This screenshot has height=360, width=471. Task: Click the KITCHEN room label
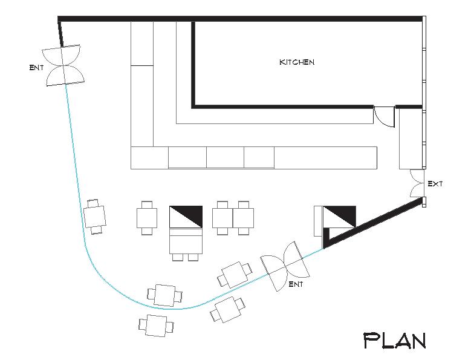296,62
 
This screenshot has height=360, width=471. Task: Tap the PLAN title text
394,340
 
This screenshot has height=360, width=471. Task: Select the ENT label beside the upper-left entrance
36,67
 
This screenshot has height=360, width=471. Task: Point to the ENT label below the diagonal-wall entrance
296,283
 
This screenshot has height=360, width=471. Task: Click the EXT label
435,183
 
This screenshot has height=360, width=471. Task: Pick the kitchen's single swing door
384,116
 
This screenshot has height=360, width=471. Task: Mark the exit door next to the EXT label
417,183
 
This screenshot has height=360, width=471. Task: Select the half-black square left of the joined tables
185,217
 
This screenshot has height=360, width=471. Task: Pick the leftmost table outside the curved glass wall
156,325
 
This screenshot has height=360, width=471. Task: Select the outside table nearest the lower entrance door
227,310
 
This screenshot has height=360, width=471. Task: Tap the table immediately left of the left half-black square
147,217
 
